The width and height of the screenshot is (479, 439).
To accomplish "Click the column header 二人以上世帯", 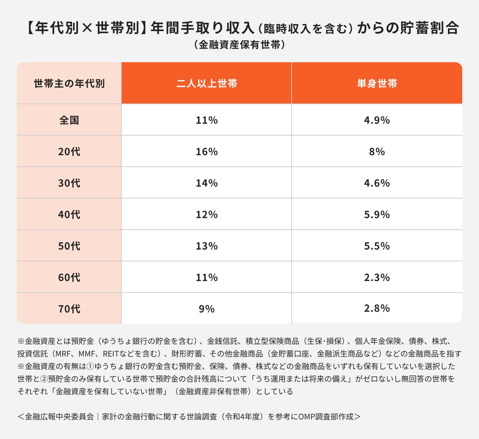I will tap(207, 84).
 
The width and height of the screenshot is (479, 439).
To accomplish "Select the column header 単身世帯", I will tap(377, 84).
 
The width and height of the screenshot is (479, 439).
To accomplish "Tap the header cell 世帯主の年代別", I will tap(69, 84).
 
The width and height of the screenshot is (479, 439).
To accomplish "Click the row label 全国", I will tap(69, 120).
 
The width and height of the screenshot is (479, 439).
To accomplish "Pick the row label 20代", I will tap(69, 152).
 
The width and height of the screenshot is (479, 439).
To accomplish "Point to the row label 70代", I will tap(69, 309).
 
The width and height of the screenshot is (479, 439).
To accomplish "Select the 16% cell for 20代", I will tap(207, 152).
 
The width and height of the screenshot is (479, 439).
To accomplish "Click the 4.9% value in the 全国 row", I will tap(377, 120).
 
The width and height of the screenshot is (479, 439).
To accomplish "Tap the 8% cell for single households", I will tap(377, 152).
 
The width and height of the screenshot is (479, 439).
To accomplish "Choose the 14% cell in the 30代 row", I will tap(207, 183).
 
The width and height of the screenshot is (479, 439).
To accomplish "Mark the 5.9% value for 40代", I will tap(377, 215).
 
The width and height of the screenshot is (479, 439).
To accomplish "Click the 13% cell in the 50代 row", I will tap(207, 246).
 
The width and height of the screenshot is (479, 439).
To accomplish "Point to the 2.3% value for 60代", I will tap(377, 278).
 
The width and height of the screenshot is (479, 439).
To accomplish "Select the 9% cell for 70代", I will tap(207, 309).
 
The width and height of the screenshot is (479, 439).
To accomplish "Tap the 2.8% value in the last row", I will tap(377, 308).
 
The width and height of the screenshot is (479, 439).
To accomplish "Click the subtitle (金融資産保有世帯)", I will tap(239, 45).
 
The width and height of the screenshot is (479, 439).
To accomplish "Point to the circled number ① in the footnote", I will tap(90, 366).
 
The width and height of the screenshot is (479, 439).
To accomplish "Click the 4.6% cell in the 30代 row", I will tap(377, 183).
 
